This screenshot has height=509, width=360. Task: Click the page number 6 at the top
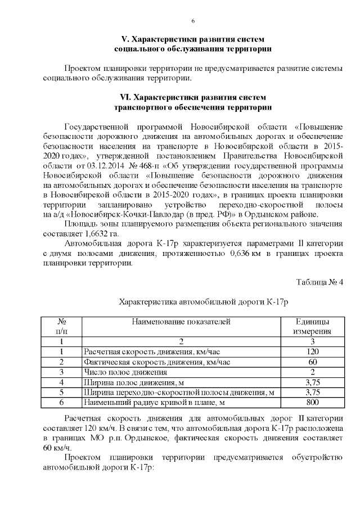coord(193,21)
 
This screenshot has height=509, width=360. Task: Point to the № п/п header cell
coord(61,326)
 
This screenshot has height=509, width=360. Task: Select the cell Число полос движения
coord(125,372)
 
